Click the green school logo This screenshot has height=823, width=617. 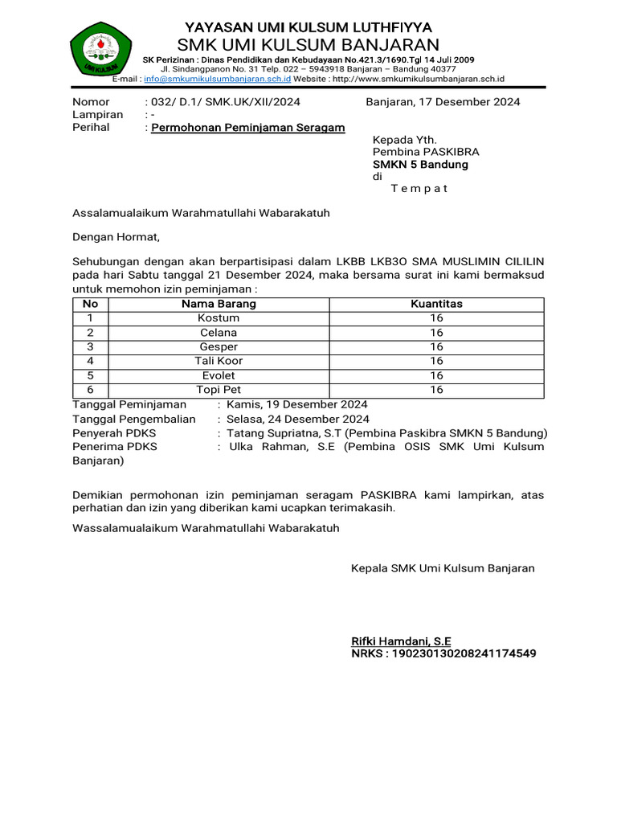(x=100, y=50)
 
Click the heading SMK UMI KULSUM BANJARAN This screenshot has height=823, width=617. (x=308, y=44)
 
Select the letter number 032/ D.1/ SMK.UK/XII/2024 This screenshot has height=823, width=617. (x=222, y=102)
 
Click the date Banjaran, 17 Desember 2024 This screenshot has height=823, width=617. (x=443, y=102)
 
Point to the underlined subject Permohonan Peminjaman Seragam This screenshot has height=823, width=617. (x=248, y=128)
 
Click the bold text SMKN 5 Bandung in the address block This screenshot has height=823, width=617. (x=420, y=165)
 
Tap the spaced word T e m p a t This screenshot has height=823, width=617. (x=419, y=189)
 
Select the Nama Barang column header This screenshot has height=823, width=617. (x=219, y=304)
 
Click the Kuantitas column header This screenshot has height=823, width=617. (x=436, y=304)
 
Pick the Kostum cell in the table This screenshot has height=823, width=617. (x=219, y=318)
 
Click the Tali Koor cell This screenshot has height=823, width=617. (x=219, y=361)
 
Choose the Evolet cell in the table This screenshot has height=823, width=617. (x=219, y=375)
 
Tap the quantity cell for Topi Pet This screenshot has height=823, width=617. (x=436, y=390)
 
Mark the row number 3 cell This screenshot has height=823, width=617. (x=91, y=346)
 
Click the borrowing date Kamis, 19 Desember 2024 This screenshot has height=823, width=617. (x=297, y=404)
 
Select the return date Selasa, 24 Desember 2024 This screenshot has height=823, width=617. (x=298, y=419)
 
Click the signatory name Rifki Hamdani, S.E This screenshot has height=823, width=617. (x=401, y=641)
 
